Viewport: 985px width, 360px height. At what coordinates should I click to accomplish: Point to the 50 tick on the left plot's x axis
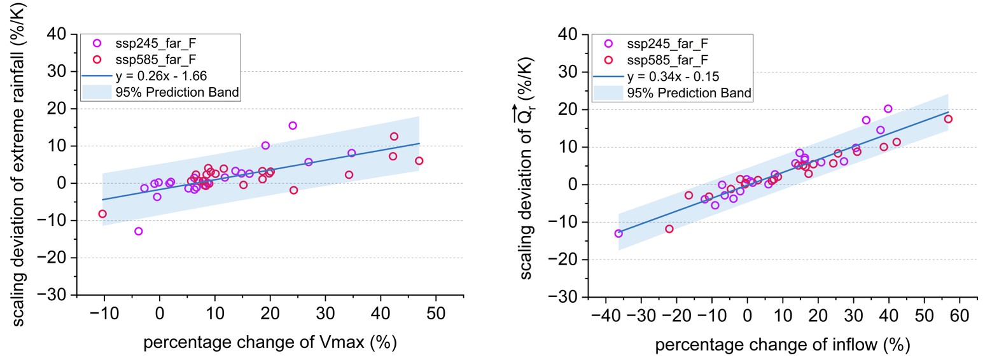[x=436, y=314]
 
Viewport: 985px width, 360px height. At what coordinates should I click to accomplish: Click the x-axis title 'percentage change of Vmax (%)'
[x=270, y=343]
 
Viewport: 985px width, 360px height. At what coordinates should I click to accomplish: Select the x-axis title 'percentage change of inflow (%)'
[x=782, y=345]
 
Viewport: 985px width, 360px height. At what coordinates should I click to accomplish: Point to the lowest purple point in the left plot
[x=138, y=231]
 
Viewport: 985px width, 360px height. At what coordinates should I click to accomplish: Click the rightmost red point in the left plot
[x=419, y=161]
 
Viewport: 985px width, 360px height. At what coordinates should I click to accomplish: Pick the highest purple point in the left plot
[x=293, y=125]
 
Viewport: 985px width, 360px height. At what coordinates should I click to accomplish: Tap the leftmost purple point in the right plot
[x=618, y=233]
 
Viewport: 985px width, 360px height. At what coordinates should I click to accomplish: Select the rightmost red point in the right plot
[x=948, y=119]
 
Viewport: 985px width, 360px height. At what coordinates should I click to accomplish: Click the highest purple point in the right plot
[x=888, y=109]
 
